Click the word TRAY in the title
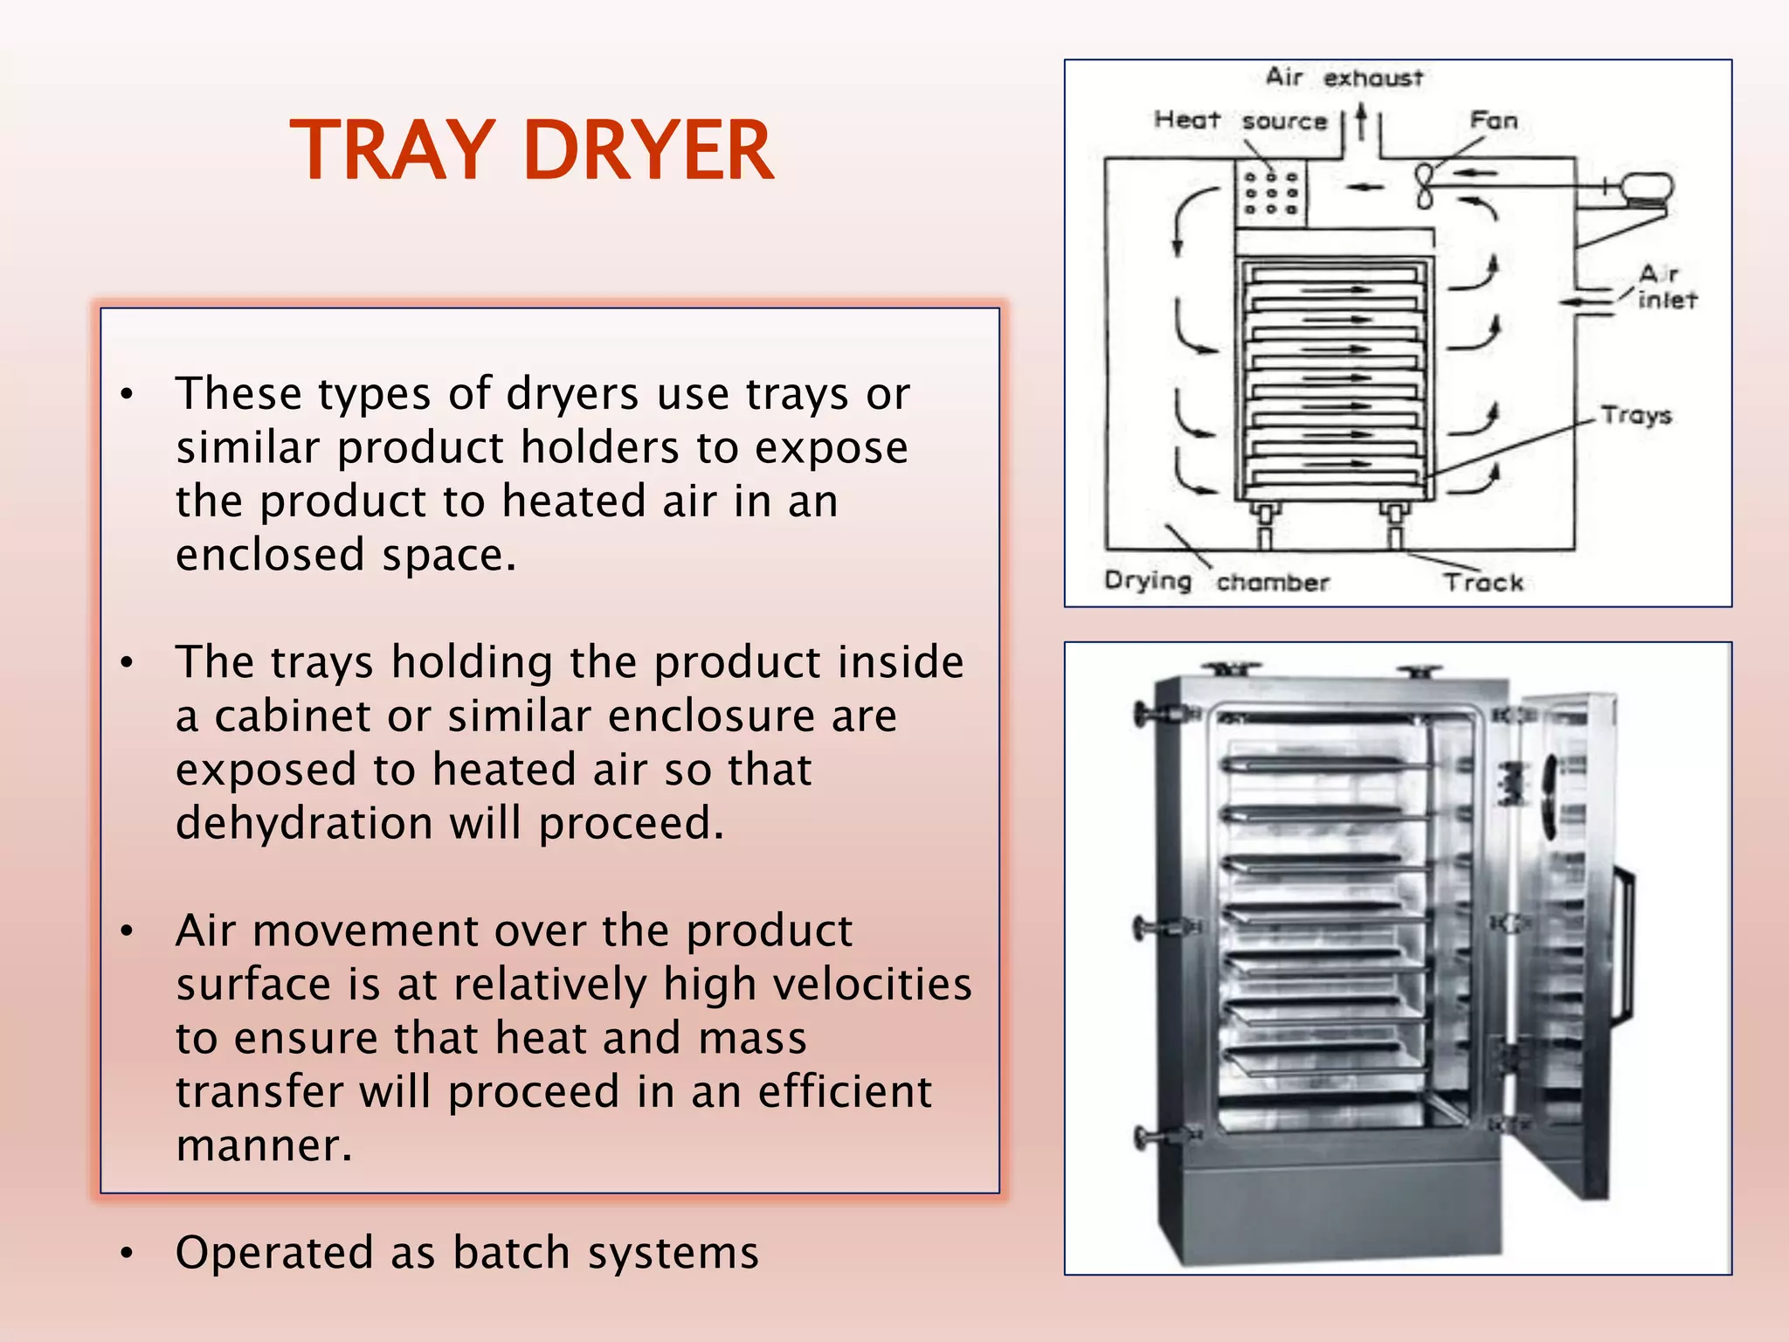(x=394, y=150)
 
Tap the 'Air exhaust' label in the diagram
(x=1344, y=78)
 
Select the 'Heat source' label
(x=1240, y=120)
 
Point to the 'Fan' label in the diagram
(x=1494, y=120)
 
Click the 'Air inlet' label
(x=1665, y=287)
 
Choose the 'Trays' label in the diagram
(x=1636, y=415)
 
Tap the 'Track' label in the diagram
(x=1482, y=582)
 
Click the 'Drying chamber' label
(x=1216, y=581)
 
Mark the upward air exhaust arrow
(x=1361, y=122)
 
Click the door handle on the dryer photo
(x=1625, y=944)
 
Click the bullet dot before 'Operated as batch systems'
(x=128, y=1254)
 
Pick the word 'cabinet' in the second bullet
(x=294, y=716)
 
